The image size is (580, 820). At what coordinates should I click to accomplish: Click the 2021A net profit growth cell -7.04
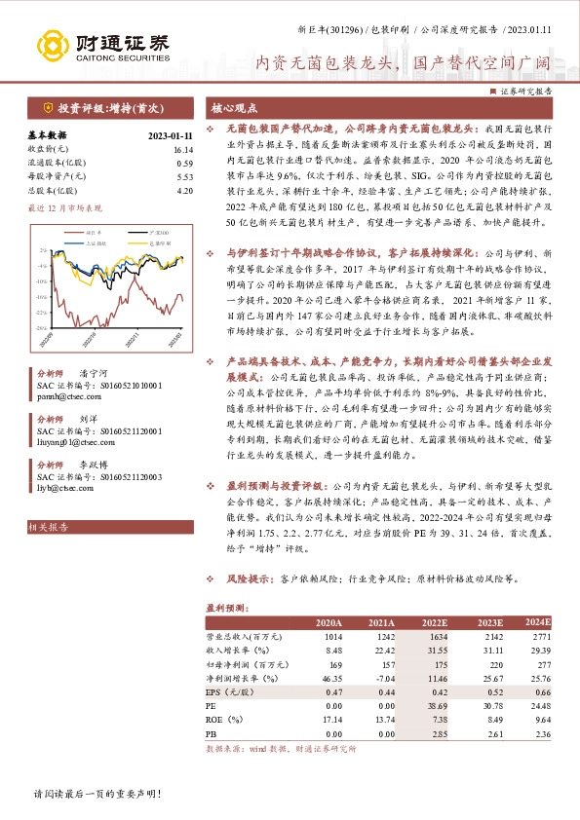[x=380, y=675]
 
